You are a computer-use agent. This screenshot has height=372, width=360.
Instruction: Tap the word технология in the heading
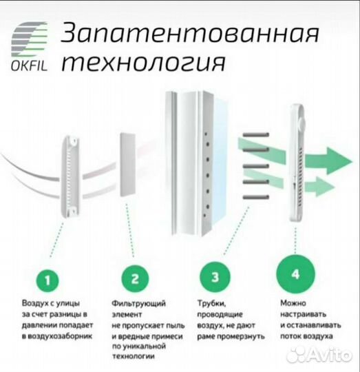[x=144, y=63]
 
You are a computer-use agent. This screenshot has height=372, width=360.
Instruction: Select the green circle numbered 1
[x=47, y=280]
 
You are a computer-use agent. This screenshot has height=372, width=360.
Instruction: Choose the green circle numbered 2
[x=135, y=280]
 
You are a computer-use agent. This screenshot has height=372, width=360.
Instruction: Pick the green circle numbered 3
[x=215, y=278]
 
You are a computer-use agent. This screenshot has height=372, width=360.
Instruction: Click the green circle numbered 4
[x=295, y=275]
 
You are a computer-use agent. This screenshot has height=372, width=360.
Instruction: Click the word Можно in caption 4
[x=294, y=302]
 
